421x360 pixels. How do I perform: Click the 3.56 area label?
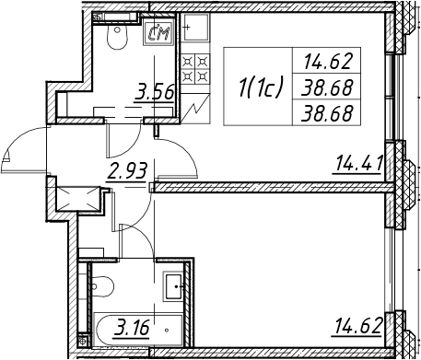154,91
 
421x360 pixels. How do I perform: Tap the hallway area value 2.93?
127,171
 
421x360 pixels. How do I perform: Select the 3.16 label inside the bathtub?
131,327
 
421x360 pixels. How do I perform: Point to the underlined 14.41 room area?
357,163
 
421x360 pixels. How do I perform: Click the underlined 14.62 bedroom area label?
357,326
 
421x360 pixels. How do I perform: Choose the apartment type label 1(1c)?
261,87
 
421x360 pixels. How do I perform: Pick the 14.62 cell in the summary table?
327,62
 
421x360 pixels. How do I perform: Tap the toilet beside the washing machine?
117,37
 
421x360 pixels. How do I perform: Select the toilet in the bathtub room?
102,286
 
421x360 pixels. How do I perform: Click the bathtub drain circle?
167,331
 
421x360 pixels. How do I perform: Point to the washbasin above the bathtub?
173,287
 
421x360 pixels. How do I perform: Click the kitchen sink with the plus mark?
195,28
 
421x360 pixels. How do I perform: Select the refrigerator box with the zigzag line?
195,109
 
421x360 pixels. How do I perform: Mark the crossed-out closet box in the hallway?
79,199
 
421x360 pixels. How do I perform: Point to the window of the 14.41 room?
391,98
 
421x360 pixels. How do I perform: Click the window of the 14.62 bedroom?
390,270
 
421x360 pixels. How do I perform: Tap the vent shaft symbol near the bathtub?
82,340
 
